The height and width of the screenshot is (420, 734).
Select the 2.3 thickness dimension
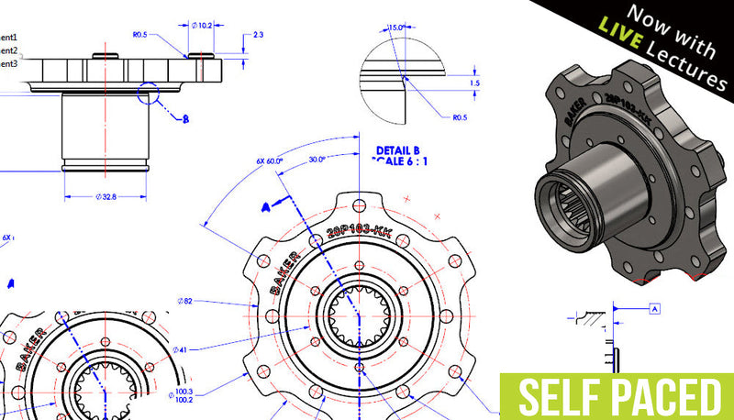(258, 35)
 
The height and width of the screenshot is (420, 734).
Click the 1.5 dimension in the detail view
(473, 83)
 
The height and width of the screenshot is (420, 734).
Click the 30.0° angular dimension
(319, 159)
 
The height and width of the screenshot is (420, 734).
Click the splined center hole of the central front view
(362, 316)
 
